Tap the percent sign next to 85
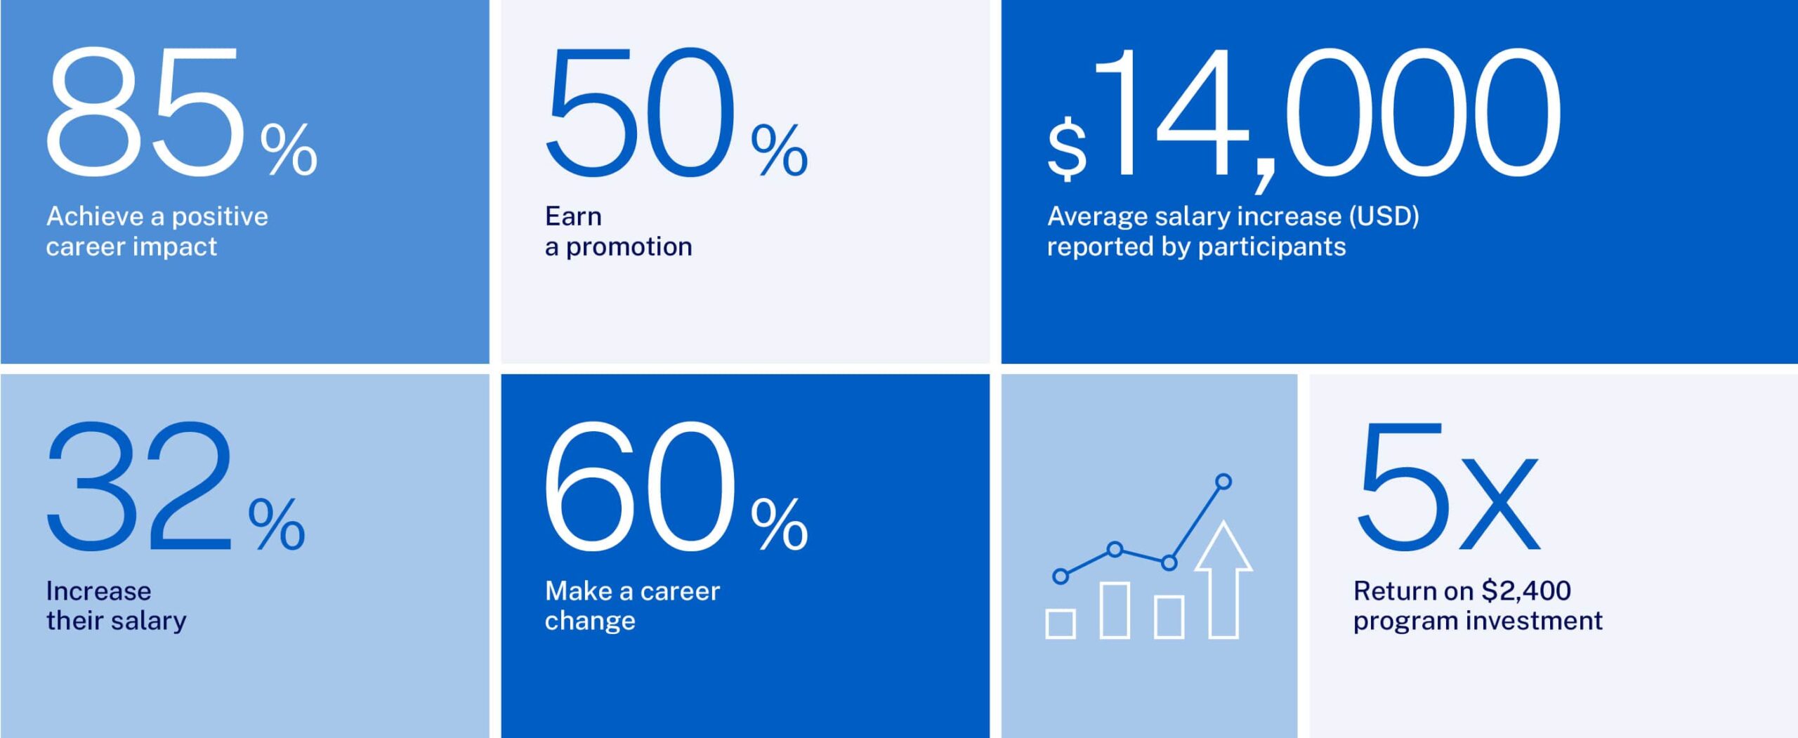pos(289,149)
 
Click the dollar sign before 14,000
pos(1067,149)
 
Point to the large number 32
pos(139,486)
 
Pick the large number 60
pos(639,486)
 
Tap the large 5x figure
pos(1447,486)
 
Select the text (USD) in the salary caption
pos(1383,216)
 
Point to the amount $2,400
pos(1525,591)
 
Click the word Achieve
pos(95,216)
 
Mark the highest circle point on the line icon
pos(1223,482)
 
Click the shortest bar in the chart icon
pos(1061,624)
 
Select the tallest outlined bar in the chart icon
pos(1115,609)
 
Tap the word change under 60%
pos(590,621)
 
